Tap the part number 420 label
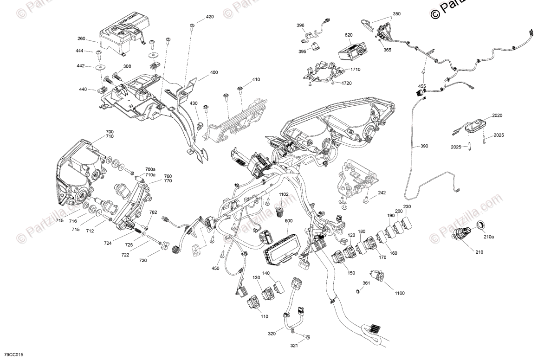[210, 17]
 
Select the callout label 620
[349, 35]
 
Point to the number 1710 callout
[356, 69]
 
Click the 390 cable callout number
[424, 146]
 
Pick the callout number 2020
[484, 115]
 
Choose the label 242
[381, 193]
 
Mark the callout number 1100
[400, 293]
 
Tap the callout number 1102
[284, 194]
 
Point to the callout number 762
[153, 212]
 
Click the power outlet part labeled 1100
[376, 276]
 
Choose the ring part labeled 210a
[481, 225]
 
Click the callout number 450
[215, 268]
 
